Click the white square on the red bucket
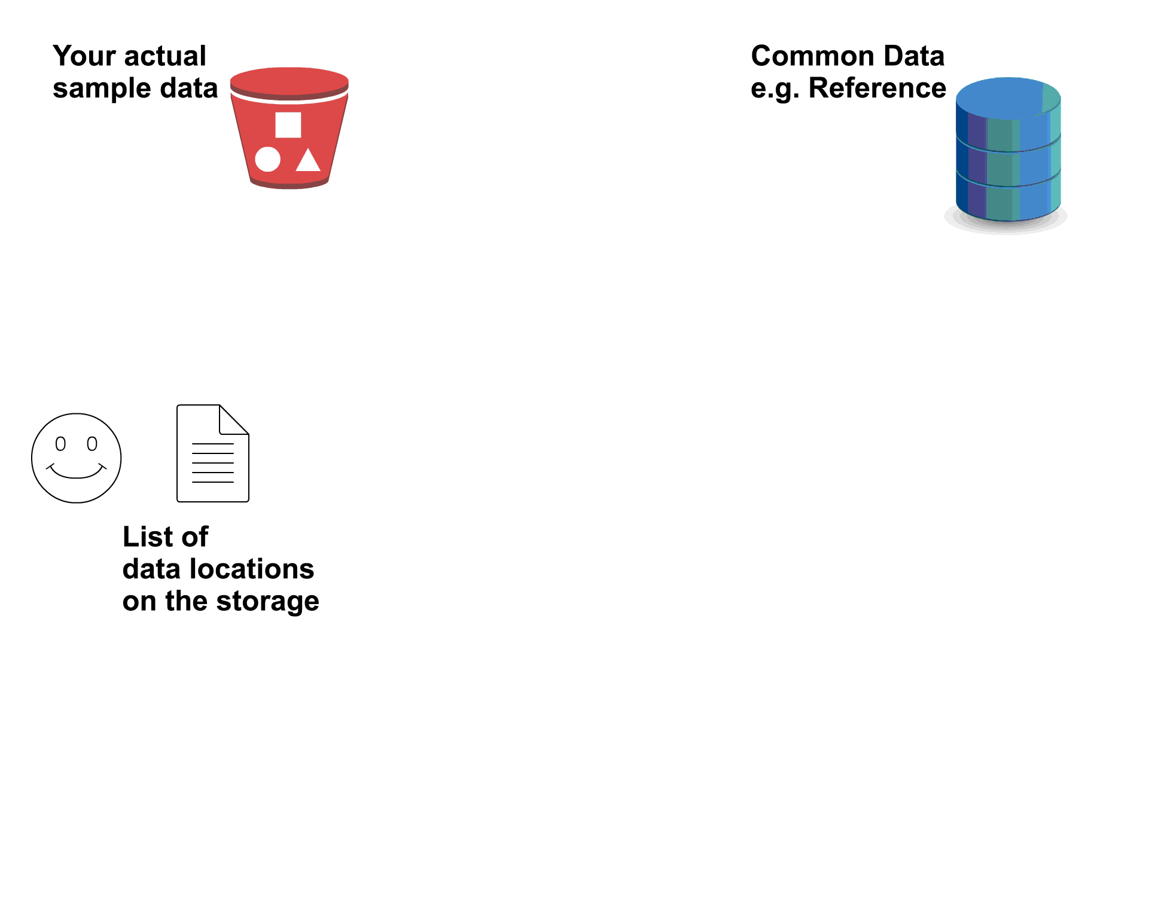coord(288,125)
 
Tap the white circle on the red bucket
coord(267,159)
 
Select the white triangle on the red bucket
coord(308,161)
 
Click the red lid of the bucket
coord(289,81)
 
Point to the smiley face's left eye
coord(60,444)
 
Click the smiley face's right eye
coord(92,444)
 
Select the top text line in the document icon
coord(213,444)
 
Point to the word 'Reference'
coord(877,89)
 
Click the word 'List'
coord(144,537)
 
